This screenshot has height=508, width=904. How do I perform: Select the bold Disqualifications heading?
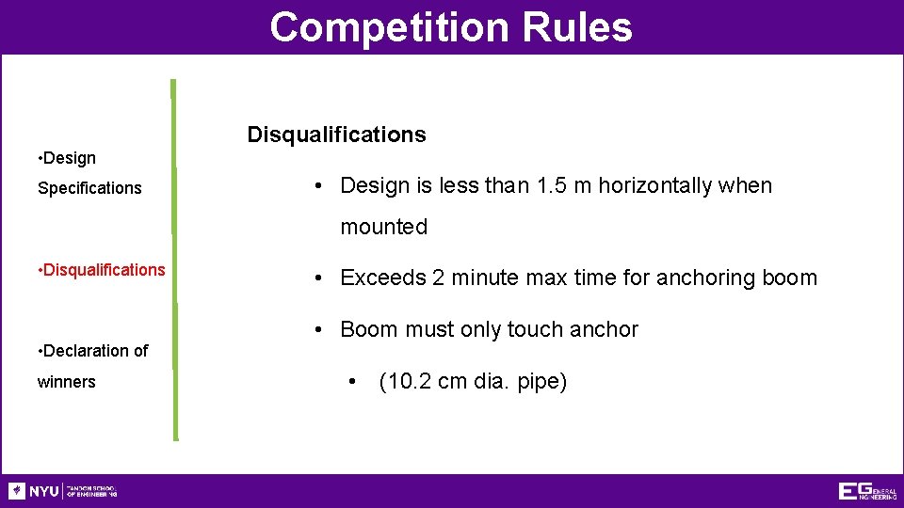336,135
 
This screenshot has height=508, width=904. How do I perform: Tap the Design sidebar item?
68,158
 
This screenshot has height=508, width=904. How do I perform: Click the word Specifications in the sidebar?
89,188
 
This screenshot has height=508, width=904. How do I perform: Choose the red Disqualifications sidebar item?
103,270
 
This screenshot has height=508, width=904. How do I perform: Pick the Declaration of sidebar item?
94,351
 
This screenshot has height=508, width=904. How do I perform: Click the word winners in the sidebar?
66,382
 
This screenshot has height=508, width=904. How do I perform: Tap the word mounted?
383,227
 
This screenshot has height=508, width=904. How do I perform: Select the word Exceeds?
382,278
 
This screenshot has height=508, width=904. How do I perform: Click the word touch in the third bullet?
537,329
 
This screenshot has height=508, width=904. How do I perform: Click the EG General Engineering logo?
866,491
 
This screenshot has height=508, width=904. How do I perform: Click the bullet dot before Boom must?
321,329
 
